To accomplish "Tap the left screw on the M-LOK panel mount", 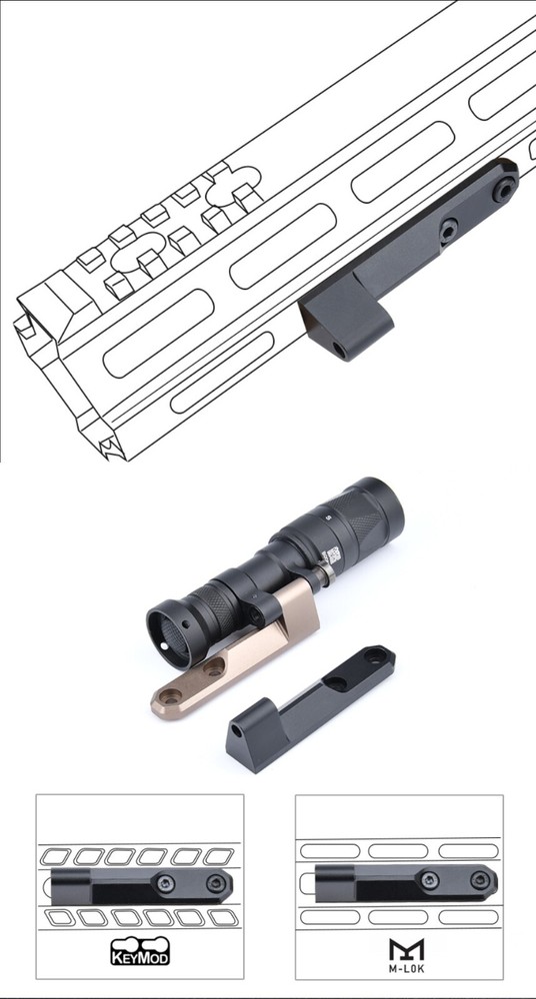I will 429,879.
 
